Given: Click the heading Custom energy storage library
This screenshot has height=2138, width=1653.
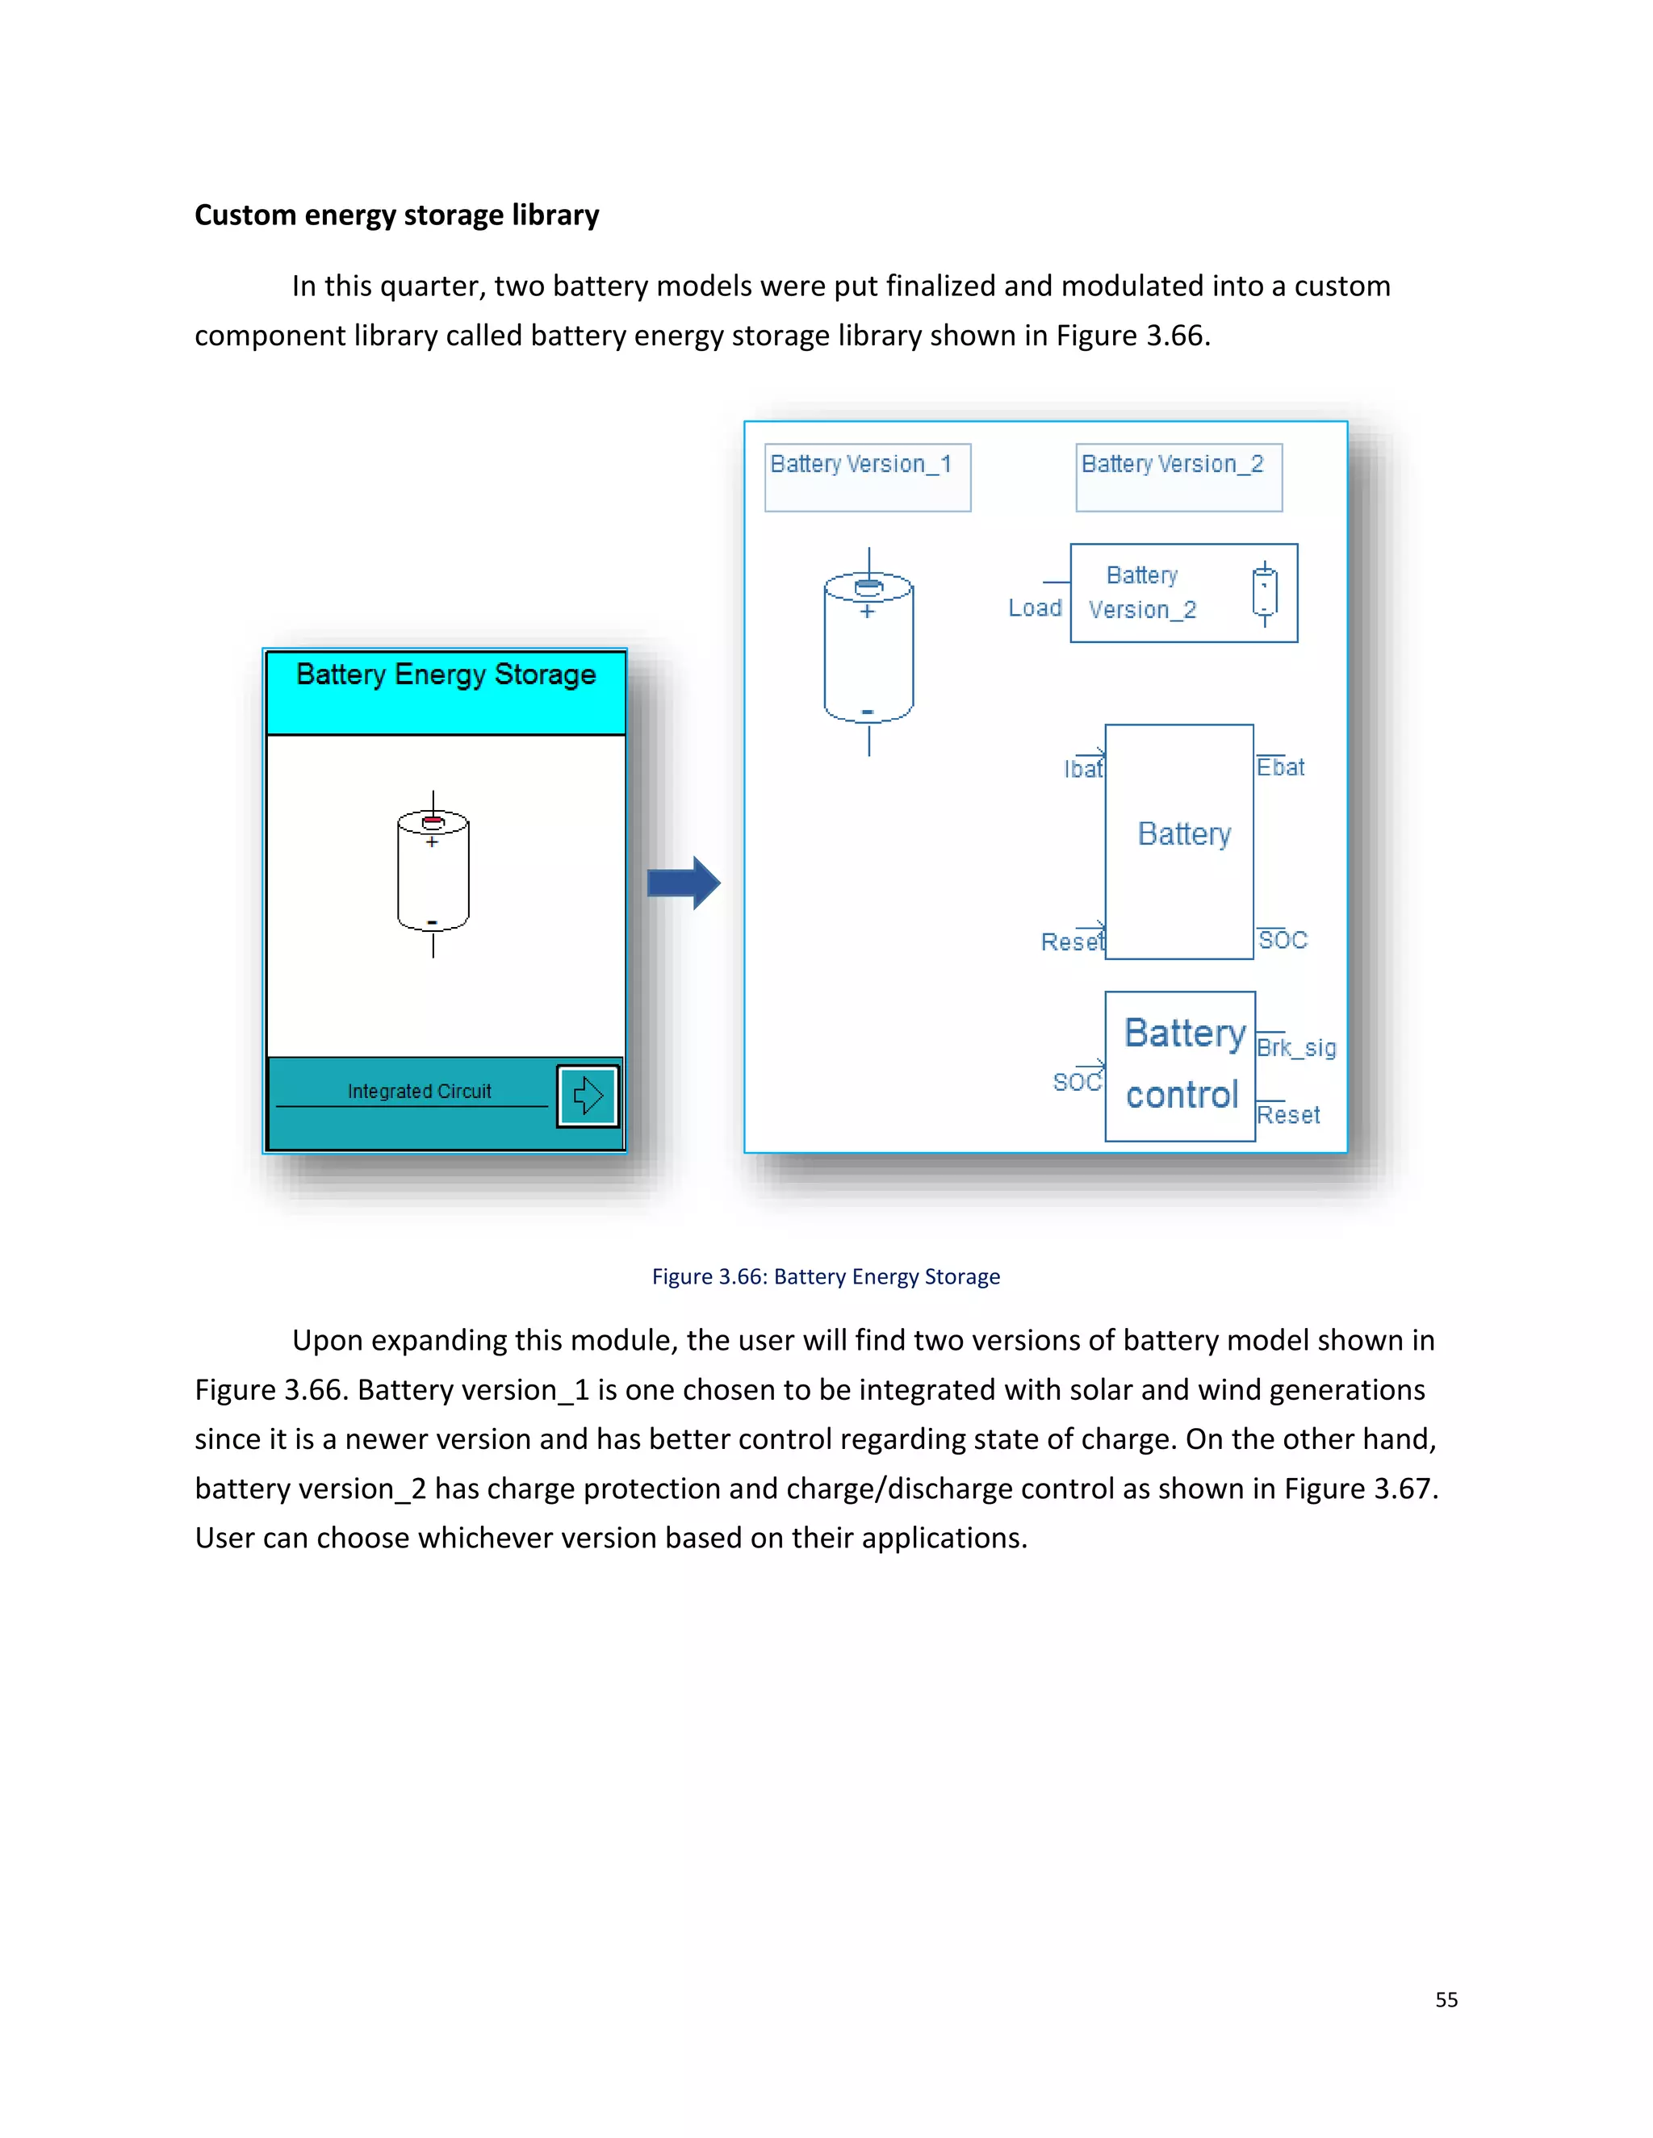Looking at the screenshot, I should coord(396,215).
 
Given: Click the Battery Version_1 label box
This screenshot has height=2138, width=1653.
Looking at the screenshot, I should coord(867,477).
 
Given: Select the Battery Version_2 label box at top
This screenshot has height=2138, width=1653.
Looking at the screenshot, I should coord(1178,477).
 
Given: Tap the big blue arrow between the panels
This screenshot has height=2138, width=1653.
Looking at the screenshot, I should coord(684,883).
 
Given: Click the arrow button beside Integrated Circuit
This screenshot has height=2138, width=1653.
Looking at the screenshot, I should coord(588,1096).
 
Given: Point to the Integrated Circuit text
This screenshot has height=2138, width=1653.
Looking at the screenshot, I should coord(419,1091).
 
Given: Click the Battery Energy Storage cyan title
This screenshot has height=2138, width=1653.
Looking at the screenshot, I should coord(446,675).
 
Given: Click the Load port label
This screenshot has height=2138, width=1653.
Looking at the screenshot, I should coord(1034,608).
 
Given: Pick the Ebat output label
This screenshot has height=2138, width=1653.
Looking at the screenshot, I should coord(1281,767).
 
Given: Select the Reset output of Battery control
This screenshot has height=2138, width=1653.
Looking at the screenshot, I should coord(1287,1115).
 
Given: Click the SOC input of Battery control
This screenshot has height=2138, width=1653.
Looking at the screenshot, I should coord(1076,1082).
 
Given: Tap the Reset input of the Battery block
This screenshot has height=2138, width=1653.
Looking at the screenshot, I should coord(1071,942).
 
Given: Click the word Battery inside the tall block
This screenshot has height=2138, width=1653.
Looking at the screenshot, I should coord(1184,834).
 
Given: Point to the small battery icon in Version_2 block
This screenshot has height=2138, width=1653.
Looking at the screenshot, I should coord(1264,593).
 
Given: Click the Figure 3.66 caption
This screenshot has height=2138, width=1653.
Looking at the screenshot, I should coord(826,1276).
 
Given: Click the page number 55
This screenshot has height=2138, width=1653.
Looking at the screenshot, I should coord(1446,2000).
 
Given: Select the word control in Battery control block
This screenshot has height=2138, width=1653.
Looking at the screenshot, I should coord(1182,1095).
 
